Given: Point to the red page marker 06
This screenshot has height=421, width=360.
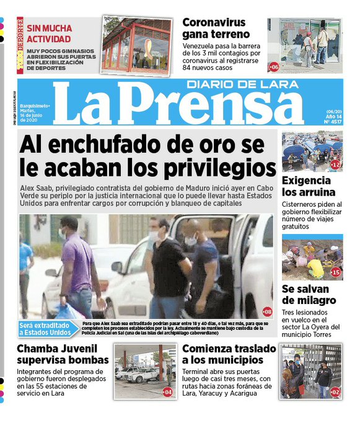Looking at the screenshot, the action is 274,66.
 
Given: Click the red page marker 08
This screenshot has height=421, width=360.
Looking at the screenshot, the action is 267,311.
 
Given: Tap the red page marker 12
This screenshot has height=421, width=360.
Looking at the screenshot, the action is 336,165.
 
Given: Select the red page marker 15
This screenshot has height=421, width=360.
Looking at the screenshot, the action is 336,272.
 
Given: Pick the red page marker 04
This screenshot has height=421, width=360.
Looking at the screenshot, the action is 168,392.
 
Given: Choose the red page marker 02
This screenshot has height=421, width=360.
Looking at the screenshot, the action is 335,392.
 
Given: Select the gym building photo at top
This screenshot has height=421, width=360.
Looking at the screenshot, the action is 136,45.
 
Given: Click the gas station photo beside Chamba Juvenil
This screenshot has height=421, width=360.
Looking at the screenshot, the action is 145,371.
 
